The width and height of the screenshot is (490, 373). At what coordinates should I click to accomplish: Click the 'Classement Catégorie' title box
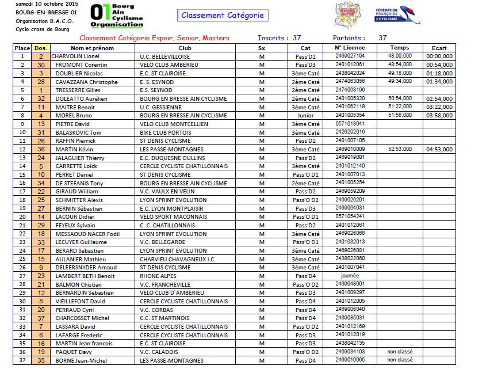click(x=221, y=16)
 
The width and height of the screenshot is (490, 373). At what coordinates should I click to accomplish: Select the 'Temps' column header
click(x=399, y=48)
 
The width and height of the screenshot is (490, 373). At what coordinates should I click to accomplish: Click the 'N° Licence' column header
click(x=350, y=48)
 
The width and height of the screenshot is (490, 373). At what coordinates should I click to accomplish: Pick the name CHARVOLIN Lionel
click(x=76, y=56)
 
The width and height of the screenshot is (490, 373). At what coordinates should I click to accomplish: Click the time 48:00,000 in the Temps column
click(x=399, y=56)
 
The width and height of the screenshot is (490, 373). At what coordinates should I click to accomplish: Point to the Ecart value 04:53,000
click(x=439, y=149)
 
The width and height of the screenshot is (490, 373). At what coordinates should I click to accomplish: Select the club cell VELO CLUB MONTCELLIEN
click(x=174, y=124)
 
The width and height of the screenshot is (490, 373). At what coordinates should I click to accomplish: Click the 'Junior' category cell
click(x=305, y=115)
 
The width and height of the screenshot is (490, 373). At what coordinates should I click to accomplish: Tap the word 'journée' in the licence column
click(x=350, y=275)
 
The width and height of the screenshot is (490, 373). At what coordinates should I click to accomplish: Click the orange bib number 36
click(x=41, y=149)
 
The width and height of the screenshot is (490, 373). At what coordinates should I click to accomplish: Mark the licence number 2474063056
click(x=350, y=81)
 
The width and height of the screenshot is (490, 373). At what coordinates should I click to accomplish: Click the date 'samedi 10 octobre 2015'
click(x=39, y=4)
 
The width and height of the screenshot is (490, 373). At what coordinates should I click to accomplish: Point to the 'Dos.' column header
click(x=41, y=48)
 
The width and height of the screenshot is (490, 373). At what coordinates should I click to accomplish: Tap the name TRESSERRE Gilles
click(x=78, y=90)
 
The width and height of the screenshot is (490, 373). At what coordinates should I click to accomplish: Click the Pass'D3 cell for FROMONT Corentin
click(x=305, y=65)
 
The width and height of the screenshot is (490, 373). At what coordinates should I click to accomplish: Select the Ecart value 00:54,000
click(x=439, y=65)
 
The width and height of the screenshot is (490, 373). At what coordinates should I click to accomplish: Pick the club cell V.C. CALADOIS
click(x=162, y=352)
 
